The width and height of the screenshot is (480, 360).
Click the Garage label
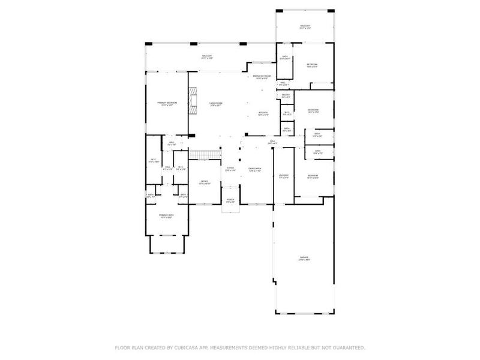pos(304,259)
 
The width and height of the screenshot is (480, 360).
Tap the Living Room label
pos(215,104)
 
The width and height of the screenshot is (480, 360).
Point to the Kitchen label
pos(263,113)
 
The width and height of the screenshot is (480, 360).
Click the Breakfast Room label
pos(262,77)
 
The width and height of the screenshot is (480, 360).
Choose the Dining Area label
pos(255,170)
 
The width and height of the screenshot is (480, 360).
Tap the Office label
pos(204,182)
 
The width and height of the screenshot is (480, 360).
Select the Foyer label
pos(230,169)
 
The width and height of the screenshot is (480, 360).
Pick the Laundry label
pos(284,176)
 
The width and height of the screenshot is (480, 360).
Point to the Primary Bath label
pos(166,216)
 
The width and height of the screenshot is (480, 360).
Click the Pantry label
pos(286,95)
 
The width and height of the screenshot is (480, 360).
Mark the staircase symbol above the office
pos(203,155)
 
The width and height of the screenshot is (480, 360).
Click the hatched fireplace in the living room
pos(193,102)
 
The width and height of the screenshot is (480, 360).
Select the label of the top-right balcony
pos(305,26)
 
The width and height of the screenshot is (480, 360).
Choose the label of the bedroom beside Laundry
pos(313,176)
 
